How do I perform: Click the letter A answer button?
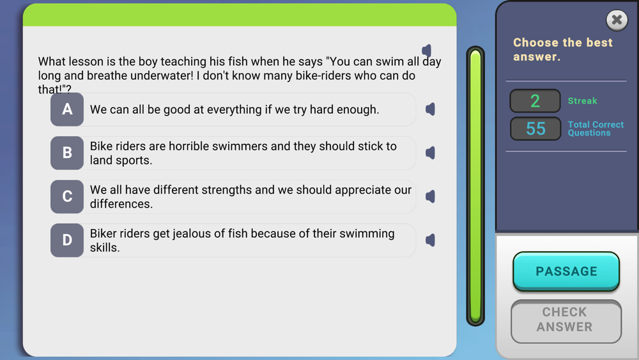pyautogui.click(x=67, y=109)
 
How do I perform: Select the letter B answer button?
pyautogui.click(x=67, y=153)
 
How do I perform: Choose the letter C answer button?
pyautogui.click(x=67, y=196)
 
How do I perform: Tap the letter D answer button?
pyautogui.click(x=67, y=240)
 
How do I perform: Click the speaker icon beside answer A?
pyautogui.click(x=430, y=109)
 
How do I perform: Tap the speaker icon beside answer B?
pyautogui.click(x=430, y=153)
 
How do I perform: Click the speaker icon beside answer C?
pyautogui.click(x=430, y=196)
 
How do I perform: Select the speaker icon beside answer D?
pyautogui.click(x=430, y=240)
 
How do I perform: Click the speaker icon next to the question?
pyautogui.click(x=427, y=51)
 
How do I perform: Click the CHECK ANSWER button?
pyautogui.click(x=566, y=321)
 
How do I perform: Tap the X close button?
pyautogui.click(x=617, y=20)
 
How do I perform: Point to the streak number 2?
pyautogui.click(x=535, y=100)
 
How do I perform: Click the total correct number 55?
pyautogui.click(x=535, y=129)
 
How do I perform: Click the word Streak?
pyautogui.click(x=582, y=100)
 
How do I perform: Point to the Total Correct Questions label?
pyautogui.click(x=596, y=129)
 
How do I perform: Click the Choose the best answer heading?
pyautogui.click(x=563, y=49)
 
